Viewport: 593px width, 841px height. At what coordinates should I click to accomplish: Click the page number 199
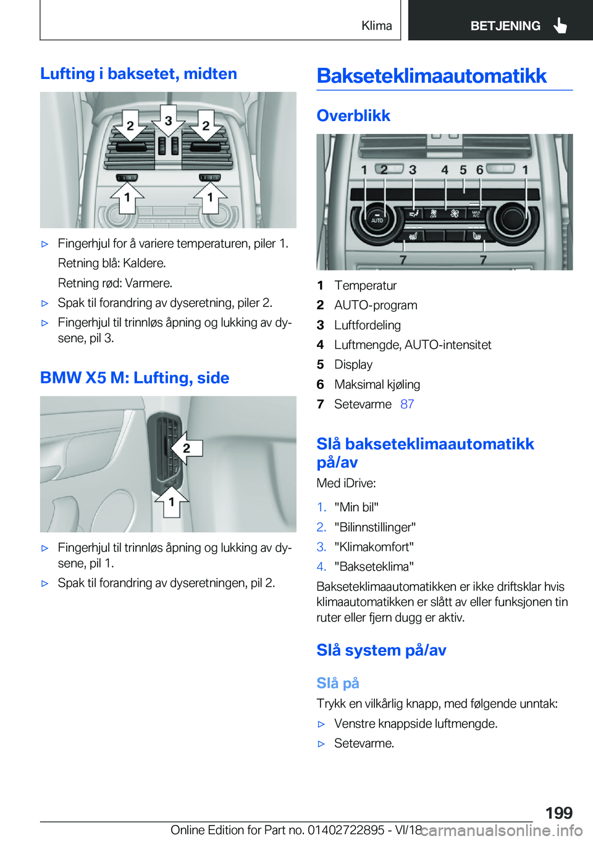click(558, 813)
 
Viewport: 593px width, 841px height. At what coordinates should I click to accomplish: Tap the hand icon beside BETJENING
click(560, 25)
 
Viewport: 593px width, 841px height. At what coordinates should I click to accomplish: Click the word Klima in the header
click(376, 25)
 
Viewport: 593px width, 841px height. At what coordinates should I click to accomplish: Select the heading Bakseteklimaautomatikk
click(431, 76)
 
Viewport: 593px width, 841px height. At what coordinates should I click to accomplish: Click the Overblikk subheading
click(353, 115)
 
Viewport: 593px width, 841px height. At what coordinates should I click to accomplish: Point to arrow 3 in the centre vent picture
click(168, 121)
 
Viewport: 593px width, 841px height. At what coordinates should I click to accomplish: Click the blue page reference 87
click(407, 404)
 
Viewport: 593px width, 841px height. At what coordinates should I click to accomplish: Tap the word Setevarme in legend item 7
click(363, 404)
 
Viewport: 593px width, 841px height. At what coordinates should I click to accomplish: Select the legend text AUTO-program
click(376, 305)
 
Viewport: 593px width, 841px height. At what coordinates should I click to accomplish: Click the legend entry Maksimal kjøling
click(377, 384)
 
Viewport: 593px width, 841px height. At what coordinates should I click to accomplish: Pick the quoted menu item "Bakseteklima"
click(374, 566)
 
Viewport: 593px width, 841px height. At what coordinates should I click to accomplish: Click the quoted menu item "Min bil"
click(356, 507)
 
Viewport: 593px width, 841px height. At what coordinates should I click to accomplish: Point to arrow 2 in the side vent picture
click(185, 448)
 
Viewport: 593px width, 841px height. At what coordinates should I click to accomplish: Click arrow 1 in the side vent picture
click(172, 501)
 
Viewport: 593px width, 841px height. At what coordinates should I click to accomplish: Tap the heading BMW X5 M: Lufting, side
click(135, 378)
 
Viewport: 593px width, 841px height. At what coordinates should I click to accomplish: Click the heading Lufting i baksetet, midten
click(138, 73)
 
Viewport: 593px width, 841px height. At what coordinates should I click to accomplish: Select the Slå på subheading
click(337, 683)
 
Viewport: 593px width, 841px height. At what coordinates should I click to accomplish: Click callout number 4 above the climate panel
click(444, 170)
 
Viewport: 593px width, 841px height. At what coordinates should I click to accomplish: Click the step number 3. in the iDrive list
click(321, 546)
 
